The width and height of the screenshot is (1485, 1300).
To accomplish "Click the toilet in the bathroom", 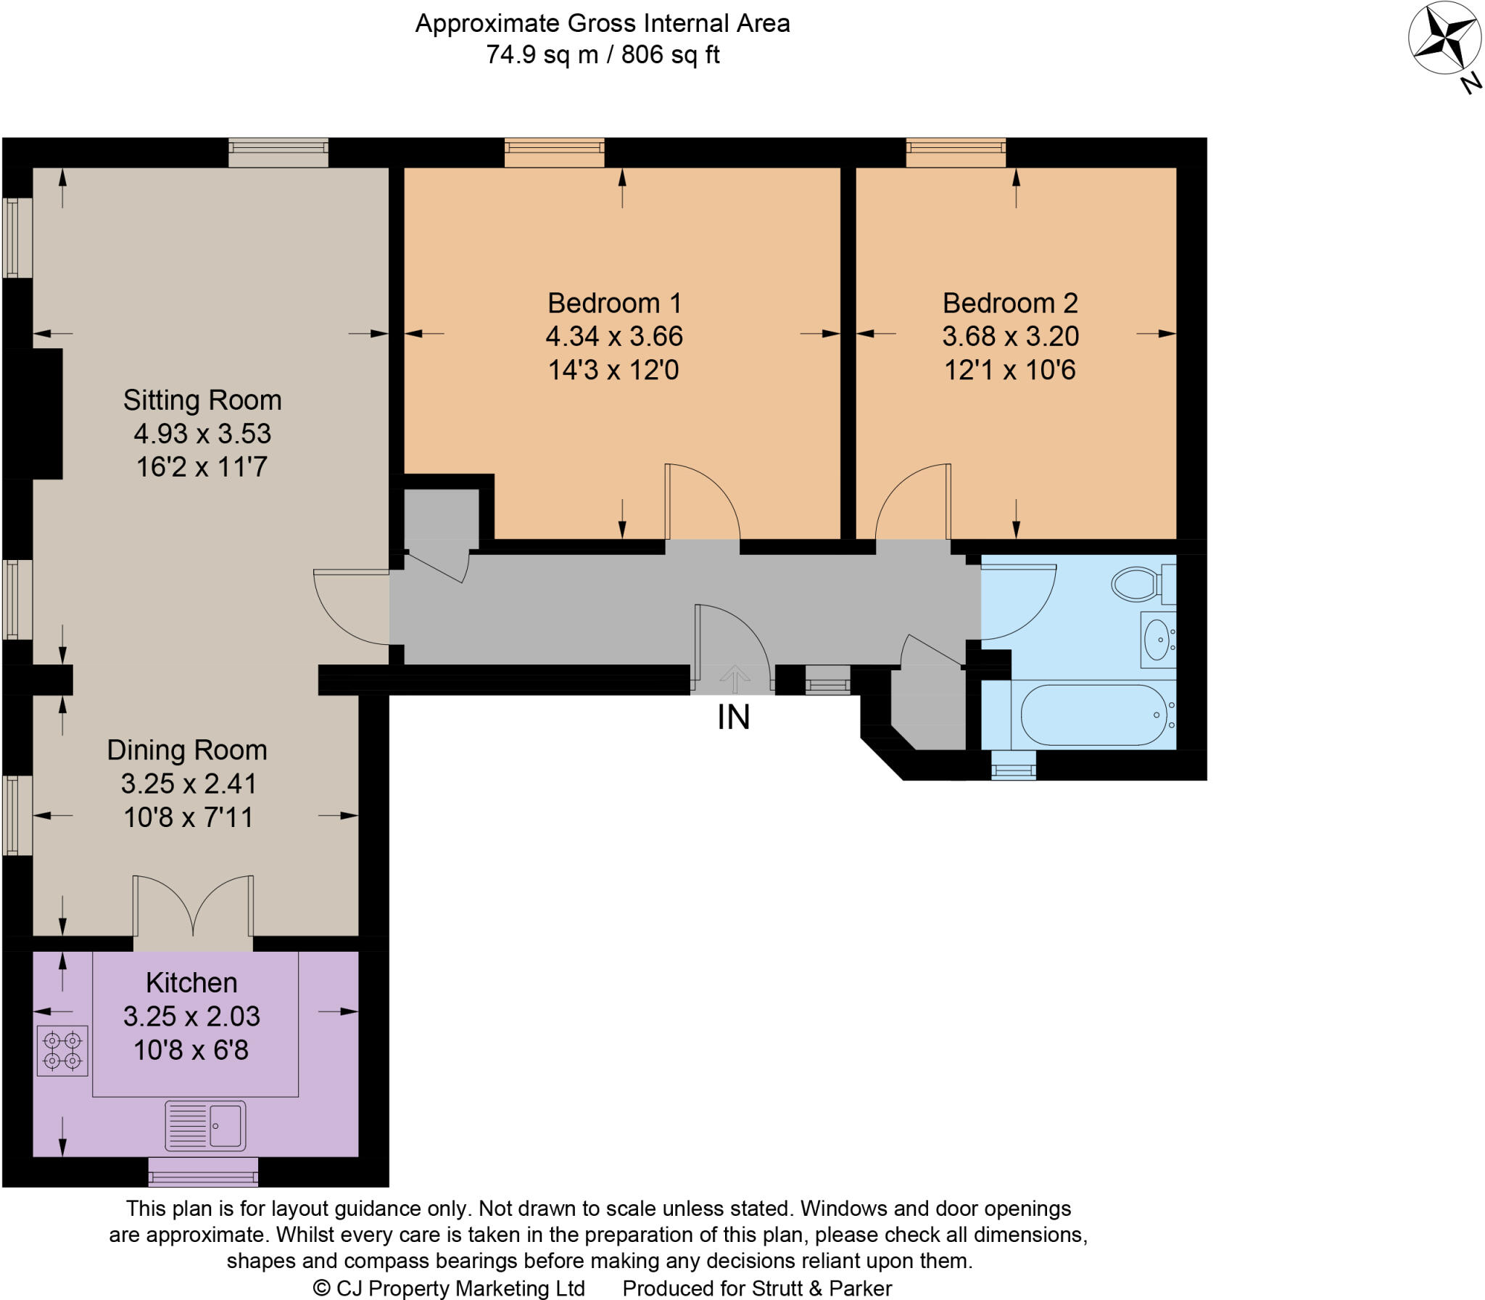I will click(1137, 584).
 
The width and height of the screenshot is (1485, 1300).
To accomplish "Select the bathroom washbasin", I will click(1157, 639).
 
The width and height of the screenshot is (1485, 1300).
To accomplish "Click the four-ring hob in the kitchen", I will click(62, 1050).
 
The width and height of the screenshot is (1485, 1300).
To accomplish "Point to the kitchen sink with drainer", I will click(205, 1126).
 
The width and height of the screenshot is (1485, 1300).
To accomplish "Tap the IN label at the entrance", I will click(733, 717).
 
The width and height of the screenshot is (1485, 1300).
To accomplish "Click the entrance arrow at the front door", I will click(735, 680).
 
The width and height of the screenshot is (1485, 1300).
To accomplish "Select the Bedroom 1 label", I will click(614, 303).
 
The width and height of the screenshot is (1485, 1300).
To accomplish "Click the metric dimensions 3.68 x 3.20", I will click(1010, 336).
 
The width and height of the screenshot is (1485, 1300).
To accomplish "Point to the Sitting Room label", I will click(202, 400).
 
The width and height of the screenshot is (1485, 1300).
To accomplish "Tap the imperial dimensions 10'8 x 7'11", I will click(189, 818).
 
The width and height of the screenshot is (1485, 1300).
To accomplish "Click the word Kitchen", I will click(191, 982).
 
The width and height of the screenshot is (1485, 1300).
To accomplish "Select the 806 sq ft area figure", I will click(671, 54).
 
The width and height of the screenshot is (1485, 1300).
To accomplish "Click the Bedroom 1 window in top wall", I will click(554, 152).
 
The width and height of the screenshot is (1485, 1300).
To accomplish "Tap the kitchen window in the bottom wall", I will click(203, 1171).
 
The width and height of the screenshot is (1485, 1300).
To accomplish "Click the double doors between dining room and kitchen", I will click(193, 907).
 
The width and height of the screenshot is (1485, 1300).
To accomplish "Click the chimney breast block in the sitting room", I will click(33, 414).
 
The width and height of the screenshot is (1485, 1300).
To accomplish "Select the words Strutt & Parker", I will click(822, 1288).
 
